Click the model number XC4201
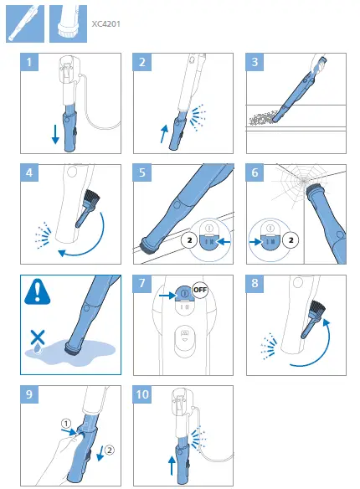[105, 24]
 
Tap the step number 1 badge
[29, 62]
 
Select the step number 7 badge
[142, 284]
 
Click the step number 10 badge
[142, 394]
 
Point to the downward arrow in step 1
[55, 134]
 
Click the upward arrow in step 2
[164, 134]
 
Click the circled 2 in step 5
[189, 240]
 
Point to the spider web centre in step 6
[304, 180]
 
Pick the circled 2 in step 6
[291, 240]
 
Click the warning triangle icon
[38, 293]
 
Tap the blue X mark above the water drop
[38, 337]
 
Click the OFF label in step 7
[200, 290]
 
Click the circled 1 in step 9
[66, 424]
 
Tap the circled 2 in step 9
[109, 450]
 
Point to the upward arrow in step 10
[172, 466]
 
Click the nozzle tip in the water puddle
[73, 348]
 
